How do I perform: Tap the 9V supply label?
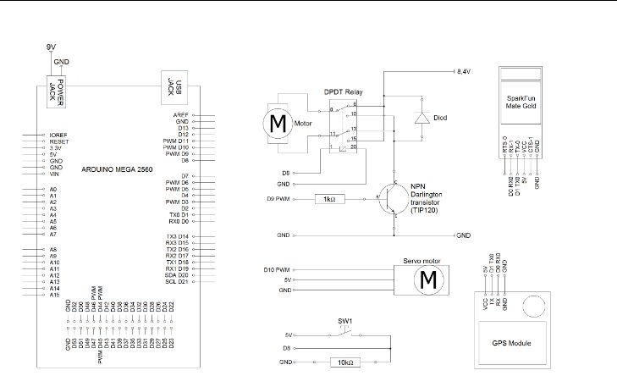(51, 48)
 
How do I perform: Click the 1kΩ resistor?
(328, 199)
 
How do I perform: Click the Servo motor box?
(428, 279)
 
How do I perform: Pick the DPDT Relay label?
(344, 90)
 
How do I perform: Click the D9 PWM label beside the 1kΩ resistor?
(278, 199)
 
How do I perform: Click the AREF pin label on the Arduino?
(180, 114)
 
